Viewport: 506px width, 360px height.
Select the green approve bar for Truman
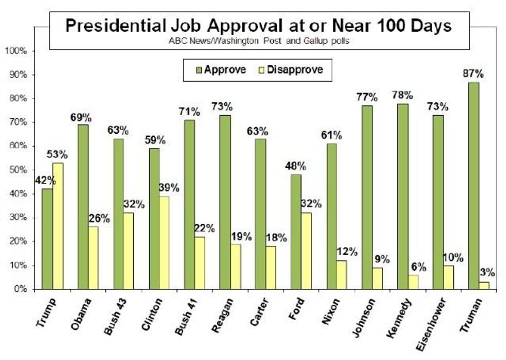click(474, 185)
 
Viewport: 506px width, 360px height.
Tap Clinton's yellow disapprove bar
click(164, 242)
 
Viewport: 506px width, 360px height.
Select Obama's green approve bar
click(83, 207)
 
